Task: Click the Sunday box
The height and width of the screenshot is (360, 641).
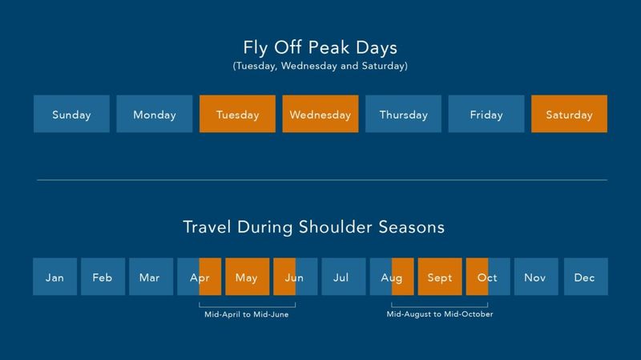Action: [71, 114]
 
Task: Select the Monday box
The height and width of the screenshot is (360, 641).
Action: [155, 114]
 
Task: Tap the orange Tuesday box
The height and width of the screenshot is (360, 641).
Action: [237, 114]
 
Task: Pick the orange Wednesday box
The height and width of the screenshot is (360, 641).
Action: [320, 114]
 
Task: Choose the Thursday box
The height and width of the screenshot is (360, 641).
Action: [403, 114]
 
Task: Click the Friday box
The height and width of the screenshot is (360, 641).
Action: [486, 114]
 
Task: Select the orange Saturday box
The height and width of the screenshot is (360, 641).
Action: [569, 114]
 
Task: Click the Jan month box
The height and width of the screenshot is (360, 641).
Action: [54, 277]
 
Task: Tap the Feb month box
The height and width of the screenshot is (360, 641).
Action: [103, 277]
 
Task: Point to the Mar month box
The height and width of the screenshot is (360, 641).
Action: [150, 277]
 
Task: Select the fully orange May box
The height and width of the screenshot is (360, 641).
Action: [247, 277]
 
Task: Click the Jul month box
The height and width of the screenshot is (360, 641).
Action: [344, 277]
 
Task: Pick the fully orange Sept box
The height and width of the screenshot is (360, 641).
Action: [440, 277]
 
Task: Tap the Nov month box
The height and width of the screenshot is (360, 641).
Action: [535, 277]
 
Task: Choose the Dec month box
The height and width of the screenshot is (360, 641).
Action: [585, 277]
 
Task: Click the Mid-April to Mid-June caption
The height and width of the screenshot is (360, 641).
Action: [247, 314]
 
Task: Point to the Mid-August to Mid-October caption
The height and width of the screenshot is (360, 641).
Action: [440, 314]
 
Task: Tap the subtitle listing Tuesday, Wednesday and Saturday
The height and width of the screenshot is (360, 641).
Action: [320, 67]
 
